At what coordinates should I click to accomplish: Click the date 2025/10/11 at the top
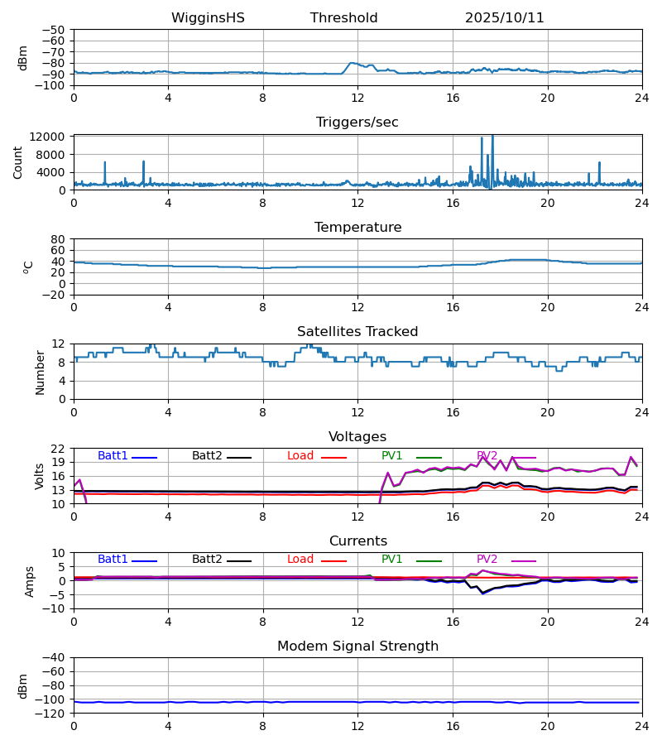tap(504, 18)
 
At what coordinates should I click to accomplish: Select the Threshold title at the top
tap(343, 18)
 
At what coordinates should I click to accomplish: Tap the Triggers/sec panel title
tap(357, 123)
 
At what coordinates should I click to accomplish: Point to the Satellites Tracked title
tap(357, 332)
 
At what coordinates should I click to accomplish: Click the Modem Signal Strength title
tap(357, 646)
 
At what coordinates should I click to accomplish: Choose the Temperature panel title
tap(357, 228)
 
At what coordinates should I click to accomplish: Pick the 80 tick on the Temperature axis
tap(59, 239)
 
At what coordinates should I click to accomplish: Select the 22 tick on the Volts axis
tap(59, 449)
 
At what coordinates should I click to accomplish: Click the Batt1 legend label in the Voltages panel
tap(113, 456)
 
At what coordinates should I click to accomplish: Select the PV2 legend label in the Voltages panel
tap(487, 456)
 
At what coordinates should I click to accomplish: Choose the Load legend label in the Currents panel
tap(300, 560)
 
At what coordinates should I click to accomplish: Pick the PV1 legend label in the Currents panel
tap(391, 560)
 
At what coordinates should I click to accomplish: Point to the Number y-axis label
tap(41, 372)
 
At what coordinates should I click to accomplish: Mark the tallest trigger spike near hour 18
tap(492, 136)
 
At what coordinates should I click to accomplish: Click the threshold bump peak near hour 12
tap(353, 63)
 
